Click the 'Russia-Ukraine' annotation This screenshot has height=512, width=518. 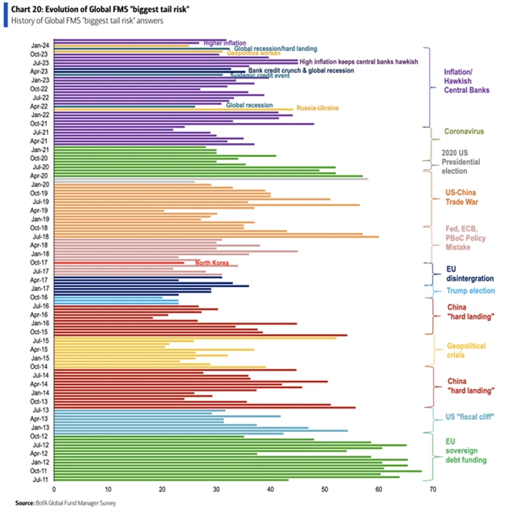click(317, 108)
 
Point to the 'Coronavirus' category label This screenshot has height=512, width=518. click(464, 131)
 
